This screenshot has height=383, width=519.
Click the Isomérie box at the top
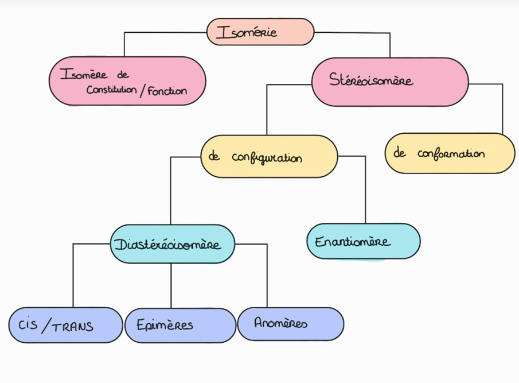tap(260, 32)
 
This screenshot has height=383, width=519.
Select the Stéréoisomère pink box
tap(389, 81)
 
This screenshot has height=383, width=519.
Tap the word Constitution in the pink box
tap(112, 90)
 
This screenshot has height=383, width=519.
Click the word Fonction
tap(167, 91)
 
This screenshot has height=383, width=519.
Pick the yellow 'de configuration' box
tap(269, 156)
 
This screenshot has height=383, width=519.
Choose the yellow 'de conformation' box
tap(450, 153)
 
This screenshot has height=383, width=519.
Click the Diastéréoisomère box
tap(173, 244)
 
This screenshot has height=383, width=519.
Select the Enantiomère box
tap(363, 241)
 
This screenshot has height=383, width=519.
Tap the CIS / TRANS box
tap(65, 326)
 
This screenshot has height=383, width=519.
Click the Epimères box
tap(180, 325)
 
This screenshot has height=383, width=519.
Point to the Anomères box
tap(290, 323)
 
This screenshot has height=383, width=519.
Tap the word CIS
tap(28, 324)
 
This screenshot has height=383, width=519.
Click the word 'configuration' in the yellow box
tap(267, 157)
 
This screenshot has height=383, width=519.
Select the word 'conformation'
tap(451, 154)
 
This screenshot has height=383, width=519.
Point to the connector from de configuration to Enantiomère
tap(365, 189)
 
